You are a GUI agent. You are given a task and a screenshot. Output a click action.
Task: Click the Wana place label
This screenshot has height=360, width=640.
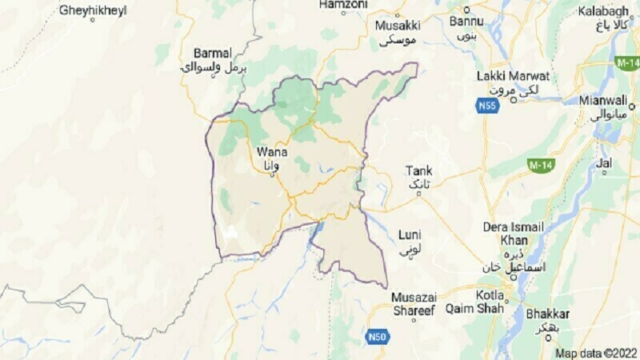coord(268,150)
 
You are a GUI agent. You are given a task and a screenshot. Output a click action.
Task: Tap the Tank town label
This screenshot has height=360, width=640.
coord(418,170)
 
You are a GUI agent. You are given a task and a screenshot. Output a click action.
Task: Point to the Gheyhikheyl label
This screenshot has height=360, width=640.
coord(93,10)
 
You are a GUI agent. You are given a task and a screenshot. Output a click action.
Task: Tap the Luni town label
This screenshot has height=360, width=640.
coord(409,234)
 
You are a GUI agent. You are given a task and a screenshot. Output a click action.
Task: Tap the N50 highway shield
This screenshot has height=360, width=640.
coord(378,337)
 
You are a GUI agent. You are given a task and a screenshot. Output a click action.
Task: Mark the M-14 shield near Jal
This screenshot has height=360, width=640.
coord(541,164)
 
